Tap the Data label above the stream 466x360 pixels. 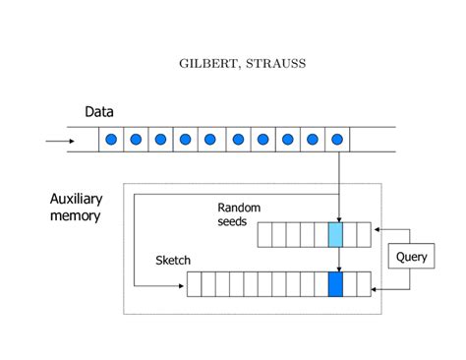(x=98, y=112)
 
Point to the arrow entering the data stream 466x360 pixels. (x=58, y=140)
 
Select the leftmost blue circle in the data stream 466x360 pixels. (x=111, y=140)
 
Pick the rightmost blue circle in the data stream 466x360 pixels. (x=337, y=140)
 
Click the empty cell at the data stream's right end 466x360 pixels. (x=373, y=140)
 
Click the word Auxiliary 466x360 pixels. (x=77, y=200)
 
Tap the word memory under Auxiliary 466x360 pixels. (x=75, y=216)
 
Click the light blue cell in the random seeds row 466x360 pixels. (x=336, y=234)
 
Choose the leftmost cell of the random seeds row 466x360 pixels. (x=264, y=234)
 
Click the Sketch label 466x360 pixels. (x=173, y=261)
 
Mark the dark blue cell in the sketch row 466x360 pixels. (x=336, y=284)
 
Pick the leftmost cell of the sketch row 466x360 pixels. (x=194, y=284)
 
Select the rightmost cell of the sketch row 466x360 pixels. (x=364, y=284)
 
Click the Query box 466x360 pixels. (x=410, y=258)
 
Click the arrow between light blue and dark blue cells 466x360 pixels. (x=337, y=260)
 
